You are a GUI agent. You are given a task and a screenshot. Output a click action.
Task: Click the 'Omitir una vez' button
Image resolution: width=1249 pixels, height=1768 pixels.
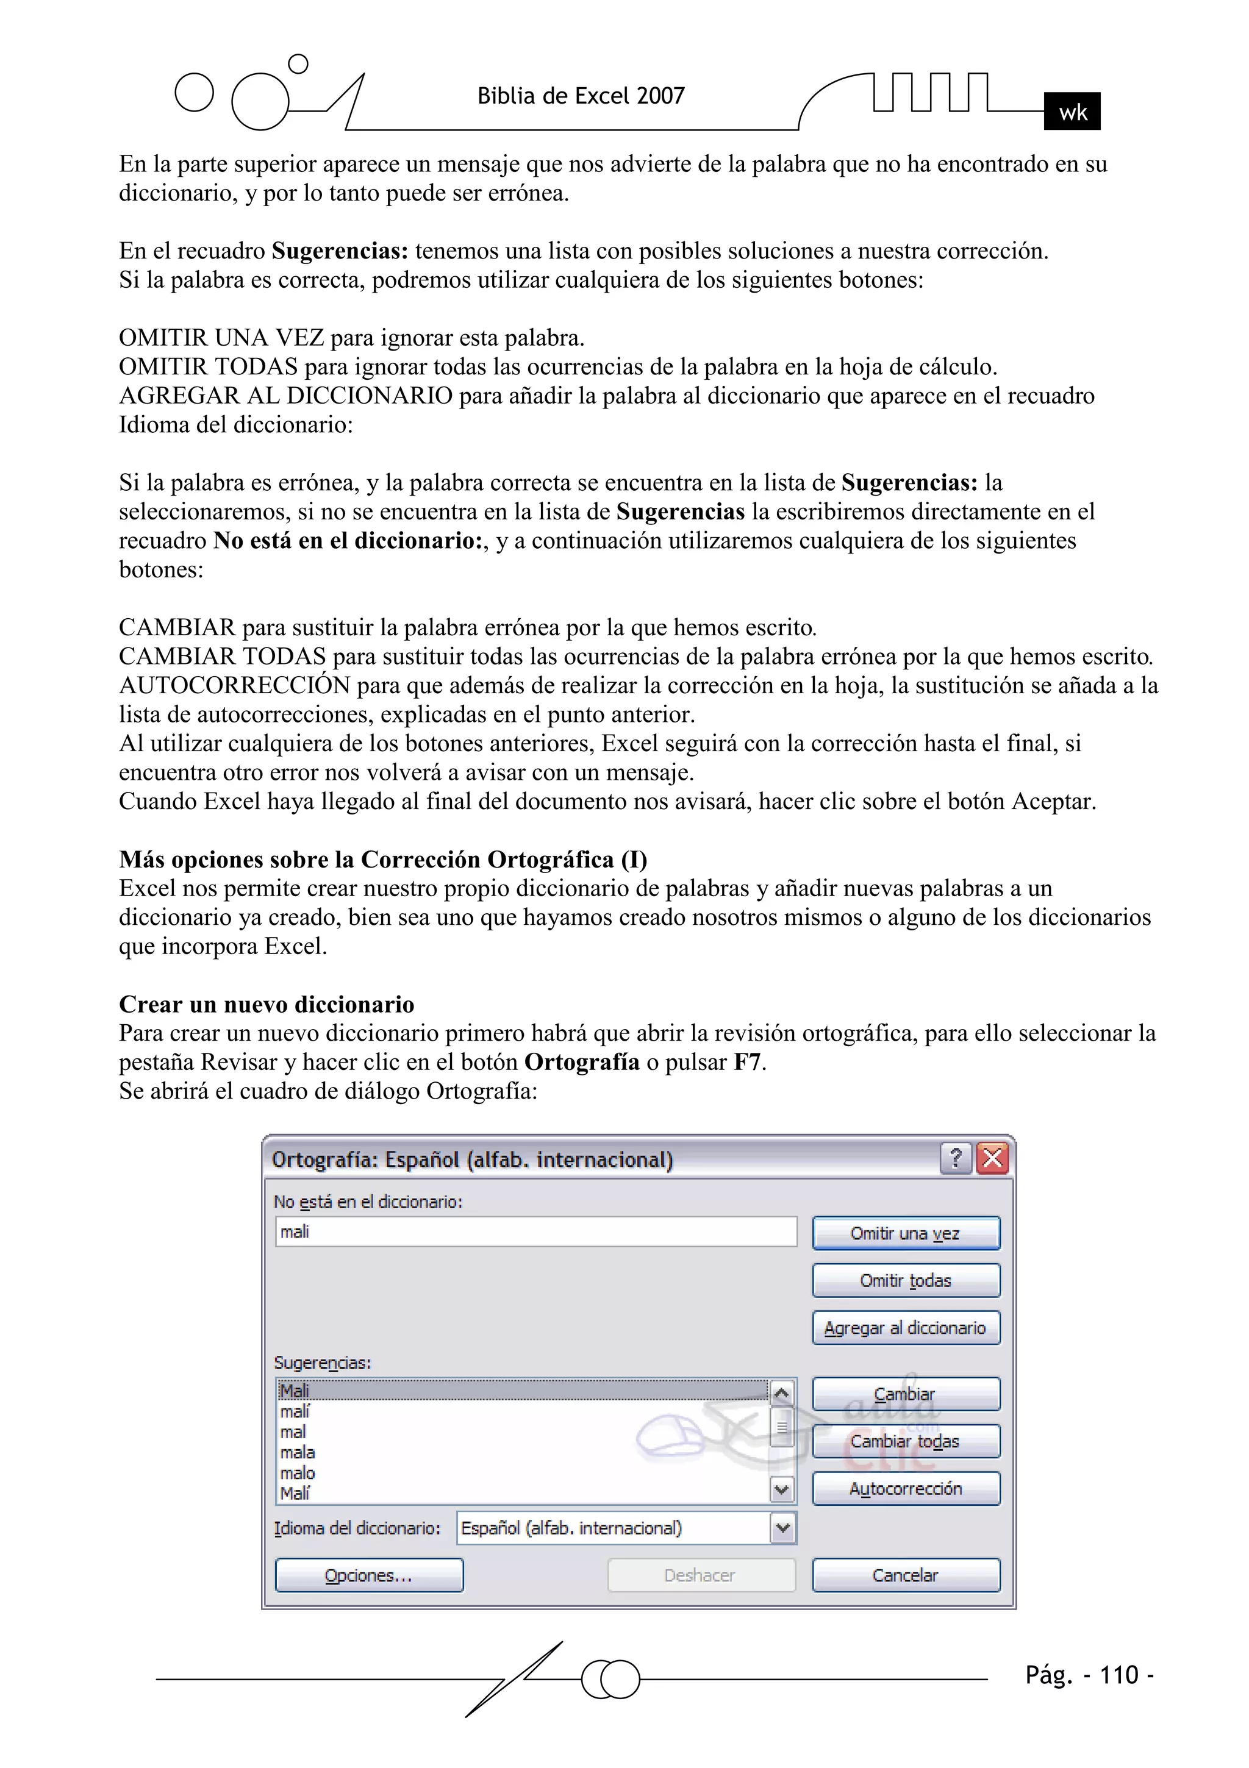click(x=906, y=1233)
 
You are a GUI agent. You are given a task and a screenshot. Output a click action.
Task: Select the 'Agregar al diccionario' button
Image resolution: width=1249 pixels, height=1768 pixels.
click(x=906, y=1328)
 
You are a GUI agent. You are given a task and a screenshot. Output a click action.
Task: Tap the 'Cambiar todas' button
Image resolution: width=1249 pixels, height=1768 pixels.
click(x=906, y=1441)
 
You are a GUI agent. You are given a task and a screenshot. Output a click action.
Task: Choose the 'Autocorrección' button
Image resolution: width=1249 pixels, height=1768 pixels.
click(x=906, y=1489)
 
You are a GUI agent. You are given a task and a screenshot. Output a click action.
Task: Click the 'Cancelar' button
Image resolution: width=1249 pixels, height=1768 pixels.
click(x=906, y=1575)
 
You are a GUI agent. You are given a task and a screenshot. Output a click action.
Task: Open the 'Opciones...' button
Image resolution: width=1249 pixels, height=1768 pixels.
click(x=369, y=1575)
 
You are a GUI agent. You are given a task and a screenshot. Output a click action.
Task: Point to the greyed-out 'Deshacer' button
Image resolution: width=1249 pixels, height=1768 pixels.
click(x=700, y=1575)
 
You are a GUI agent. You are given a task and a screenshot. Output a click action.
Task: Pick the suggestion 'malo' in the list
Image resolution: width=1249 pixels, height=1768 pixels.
click(x=298, y=1472)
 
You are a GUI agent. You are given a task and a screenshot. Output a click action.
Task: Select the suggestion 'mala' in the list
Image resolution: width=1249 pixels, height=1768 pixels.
click(x=298, y=1452)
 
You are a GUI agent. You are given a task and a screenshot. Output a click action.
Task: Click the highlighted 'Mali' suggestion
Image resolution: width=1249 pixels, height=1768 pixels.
click(x=295, y=1391)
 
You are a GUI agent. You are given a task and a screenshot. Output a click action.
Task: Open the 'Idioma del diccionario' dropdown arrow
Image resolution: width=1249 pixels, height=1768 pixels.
click(x=782, y=1528)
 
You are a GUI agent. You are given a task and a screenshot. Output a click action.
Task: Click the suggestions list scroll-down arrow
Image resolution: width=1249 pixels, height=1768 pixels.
click(x=781, y=1490)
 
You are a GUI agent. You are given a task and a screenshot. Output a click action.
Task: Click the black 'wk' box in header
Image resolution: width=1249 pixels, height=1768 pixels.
click(x=1072, y=112)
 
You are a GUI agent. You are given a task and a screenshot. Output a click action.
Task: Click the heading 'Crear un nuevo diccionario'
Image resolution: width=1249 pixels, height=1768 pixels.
click(x=267, y=1004)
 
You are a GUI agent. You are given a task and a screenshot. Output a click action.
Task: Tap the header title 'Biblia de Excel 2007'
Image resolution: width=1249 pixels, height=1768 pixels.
click(x=581, y=96)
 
